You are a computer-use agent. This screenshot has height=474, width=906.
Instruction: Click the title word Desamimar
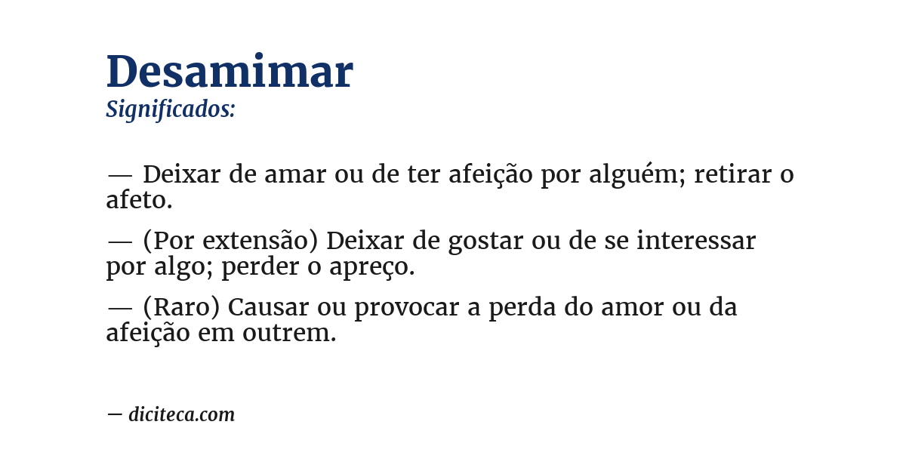coord(230,72)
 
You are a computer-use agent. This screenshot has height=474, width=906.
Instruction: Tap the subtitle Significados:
coord(171,109)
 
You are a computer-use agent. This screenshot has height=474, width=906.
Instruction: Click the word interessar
coord(696,242)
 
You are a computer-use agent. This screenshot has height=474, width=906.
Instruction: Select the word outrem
coord(289,334)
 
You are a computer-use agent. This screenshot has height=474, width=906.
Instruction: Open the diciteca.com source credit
coord(181,414)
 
